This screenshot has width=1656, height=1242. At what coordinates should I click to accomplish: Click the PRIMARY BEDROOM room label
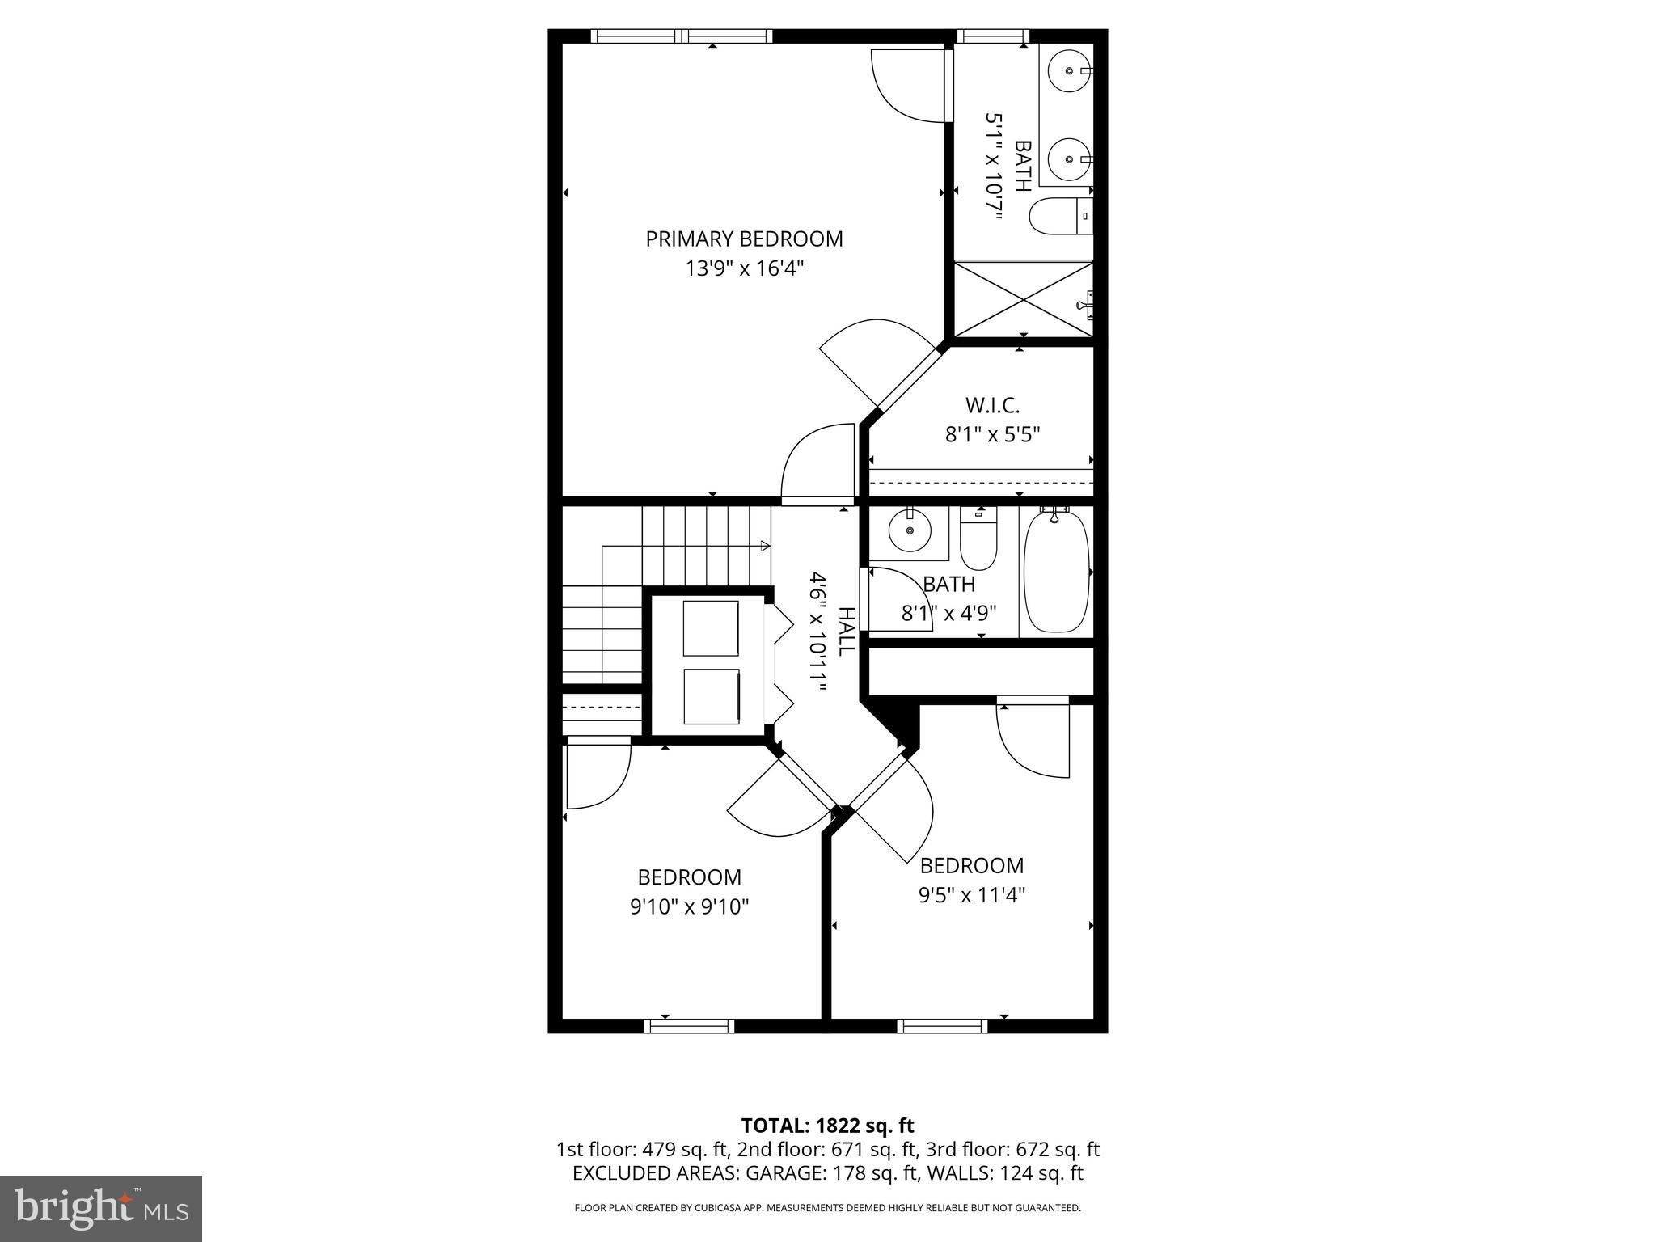click(x=744, y=239)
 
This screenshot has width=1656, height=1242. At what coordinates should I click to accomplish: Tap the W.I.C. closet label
click(x=992, y=405)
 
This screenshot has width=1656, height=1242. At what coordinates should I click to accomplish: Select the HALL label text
click(x=846, y=632)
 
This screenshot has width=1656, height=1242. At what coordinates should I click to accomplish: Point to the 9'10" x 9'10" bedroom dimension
click(x=690, y=906)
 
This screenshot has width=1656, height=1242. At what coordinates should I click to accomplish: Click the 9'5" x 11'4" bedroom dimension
click(x=972, y=895)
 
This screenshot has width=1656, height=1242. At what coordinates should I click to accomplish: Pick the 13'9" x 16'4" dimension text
click(x=745, y=268)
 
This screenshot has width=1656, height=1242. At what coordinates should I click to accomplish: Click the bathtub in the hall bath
click(x=1056, y=572)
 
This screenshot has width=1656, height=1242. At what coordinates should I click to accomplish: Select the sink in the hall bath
click(x=910, y=531)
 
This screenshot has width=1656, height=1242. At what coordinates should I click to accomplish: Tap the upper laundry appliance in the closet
click(x=711, y=628)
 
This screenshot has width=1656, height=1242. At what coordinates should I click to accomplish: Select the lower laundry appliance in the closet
click(x=711, y=696)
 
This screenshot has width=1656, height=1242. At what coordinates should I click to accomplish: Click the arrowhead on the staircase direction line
click(x=765, y=547)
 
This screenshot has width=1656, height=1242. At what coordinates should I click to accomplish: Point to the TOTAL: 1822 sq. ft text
click(x=827, y=1126)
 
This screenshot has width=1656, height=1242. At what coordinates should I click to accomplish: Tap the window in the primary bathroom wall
click(x=993, y=36)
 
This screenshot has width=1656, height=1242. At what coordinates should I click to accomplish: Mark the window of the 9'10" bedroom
click(x=689, y=1026)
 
